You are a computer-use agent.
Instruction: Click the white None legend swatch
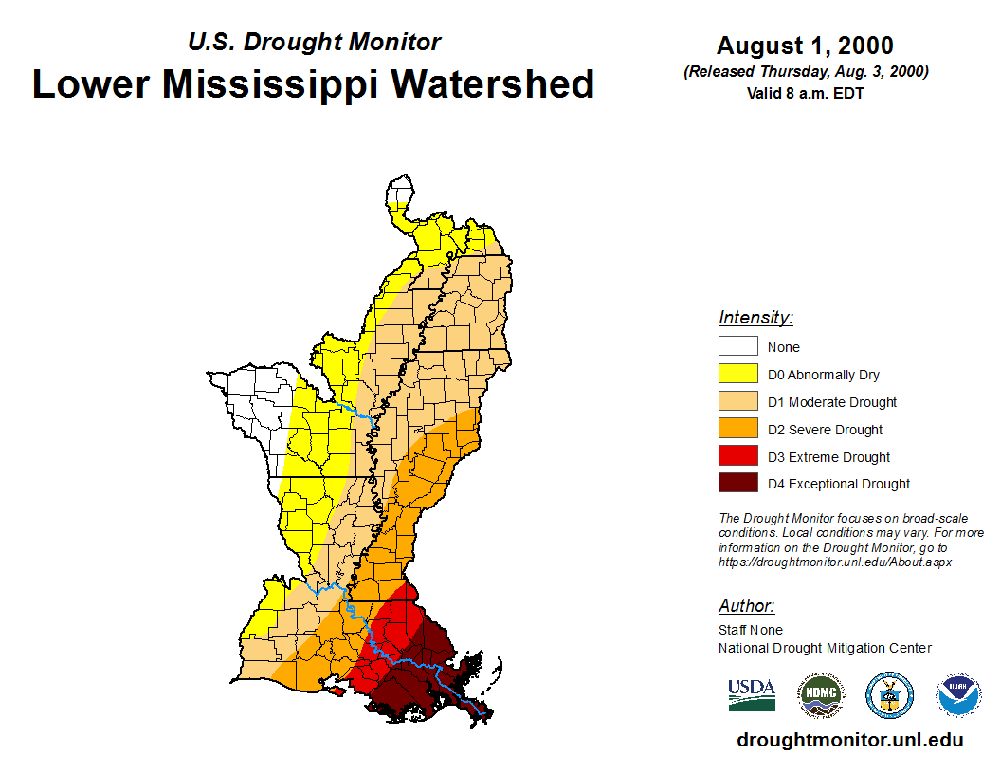(x=737, y=347)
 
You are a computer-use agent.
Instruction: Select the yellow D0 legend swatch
(x=737, y=375)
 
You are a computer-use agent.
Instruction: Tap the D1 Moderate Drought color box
(x=737, y=402)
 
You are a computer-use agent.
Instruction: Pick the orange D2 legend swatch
(x=737, y=430)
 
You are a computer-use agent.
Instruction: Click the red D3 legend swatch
(x=737, y=457)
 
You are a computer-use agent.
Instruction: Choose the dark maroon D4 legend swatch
(x=737, y=484)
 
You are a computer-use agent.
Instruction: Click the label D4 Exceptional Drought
(x=839, y=484)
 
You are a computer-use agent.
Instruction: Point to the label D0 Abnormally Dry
(x=824, y=376)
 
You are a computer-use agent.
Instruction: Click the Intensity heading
(x=755, y=318)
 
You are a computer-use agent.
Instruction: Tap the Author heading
(x=746, y=606)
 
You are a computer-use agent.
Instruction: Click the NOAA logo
(x=958, y=695)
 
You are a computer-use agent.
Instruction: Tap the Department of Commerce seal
(x=889, y=695)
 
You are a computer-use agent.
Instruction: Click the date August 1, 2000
(x=805, y=46)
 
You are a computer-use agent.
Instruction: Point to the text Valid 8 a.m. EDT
(x=805, y=93)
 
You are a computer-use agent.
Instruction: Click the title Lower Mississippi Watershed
(x=314, y=84)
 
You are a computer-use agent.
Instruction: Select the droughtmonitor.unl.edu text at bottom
(x=849, y=741)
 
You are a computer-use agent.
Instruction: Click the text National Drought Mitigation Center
(x=825, y=648)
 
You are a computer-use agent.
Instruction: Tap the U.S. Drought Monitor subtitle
(x=315, y=43)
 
